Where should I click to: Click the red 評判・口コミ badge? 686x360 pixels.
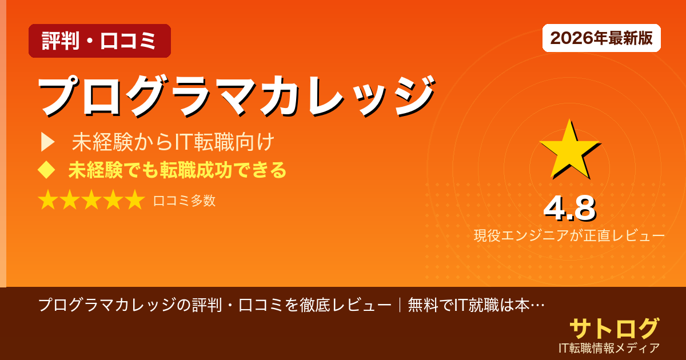pos(99,41)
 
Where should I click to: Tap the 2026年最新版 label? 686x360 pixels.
pos(601,38)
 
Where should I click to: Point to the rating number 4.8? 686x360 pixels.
pos(569,209)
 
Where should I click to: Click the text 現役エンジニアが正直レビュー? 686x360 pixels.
pos(569,235)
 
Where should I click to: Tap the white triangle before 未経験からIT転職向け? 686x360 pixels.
pos(47,142)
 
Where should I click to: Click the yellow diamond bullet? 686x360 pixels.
pos(45,170)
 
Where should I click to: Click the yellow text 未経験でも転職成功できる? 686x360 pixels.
pos(177,170)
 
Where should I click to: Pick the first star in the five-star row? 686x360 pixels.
pos(48,201)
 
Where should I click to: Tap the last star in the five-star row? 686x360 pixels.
pos(134,201)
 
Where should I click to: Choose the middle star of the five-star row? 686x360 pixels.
pos(91,201)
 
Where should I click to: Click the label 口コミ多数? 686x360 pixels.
pos(184,201)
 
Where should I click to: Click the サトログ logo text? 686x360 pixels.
pos(614,328)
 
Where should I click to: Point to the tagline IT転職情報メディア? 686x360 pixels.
pos(609,347)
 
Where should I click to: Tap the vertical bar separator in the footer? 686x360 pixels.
pos(400,305)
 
